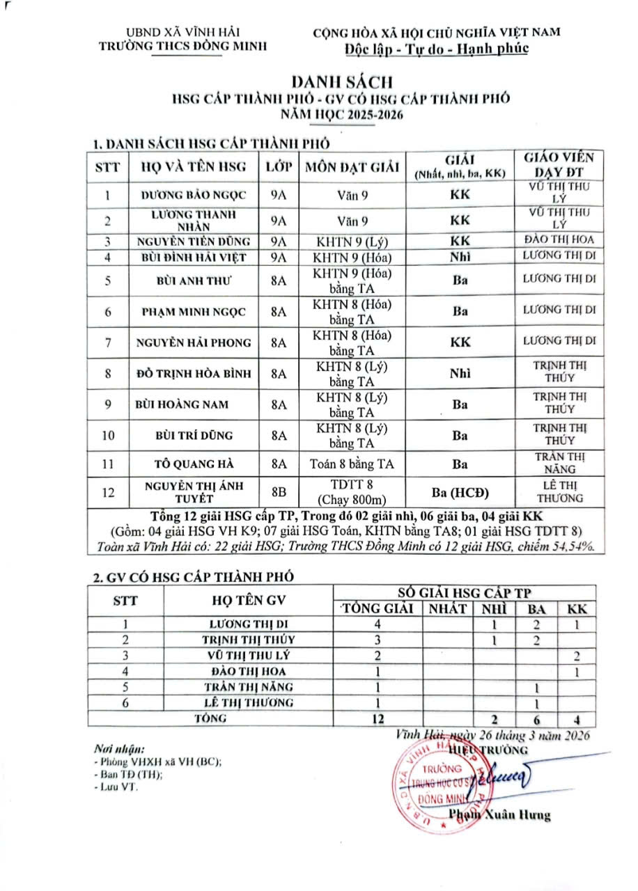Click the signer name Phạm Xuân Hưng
pos(499,815)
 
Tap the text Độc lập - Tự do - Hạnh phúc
pos(437,48)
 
